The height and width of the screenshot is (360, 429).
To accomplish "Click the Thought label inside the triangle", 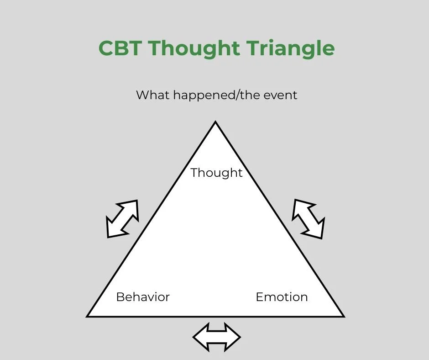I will pos(216,173).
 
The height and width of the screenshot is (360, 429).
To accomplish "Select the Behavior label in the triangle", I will pos(143,297).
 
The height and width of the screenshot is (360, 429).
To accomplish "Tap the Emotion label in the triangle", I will pos(282,297).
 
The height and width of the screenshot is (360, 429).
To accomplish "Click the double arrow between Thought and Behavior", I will pos(122,219).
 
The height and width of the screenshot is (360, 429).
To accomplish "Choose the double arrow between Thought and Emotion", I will pos(309,219).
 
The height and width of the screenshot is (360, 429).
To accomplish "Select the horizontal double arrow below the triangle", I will pos(216,338).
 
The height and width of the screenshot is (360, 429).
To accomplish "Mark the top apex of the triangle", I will pos(215,122).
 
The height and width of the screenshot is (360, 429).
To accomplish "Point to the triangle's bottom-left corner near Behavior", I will pos(88,316).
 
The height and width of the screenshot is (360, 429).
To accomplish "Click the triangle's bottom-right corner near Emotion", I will pos(343,316).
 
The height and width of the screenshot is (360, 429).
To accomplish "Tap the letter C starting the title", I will pos(106,48).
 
